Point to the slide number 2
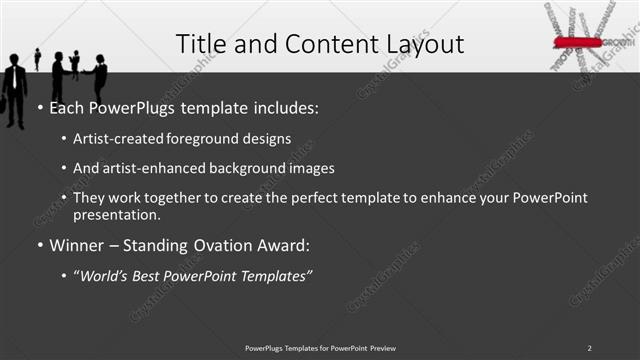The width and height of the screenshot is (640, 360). (x=589, y=348)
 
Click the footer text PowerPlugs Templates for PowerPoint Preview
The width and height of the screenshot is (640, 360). (x=320, y=348)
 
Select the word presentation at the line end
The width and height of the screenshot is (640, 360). (x=116, y=215)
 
